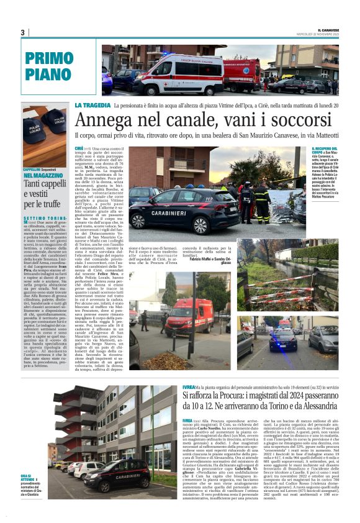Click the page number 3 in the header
[22, 32]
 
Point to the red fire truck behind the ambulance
[243, 74]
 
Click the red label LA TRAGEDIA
[91, 106]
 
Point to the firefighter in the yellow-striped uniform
[261, 200]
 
